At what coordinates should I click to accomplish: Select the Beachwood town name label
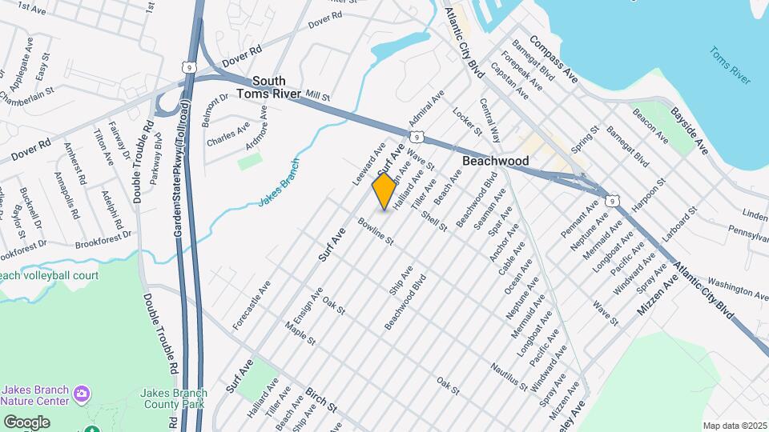point(496,161)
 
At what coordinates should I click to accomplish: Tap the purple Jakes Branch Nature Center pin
point(81,394)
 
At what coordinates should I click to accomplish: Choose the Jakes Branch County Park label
point(173,398)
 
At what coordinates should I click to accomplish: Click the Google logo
point(26,422)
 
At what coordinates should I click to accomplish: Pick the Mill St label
point(317,96)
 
